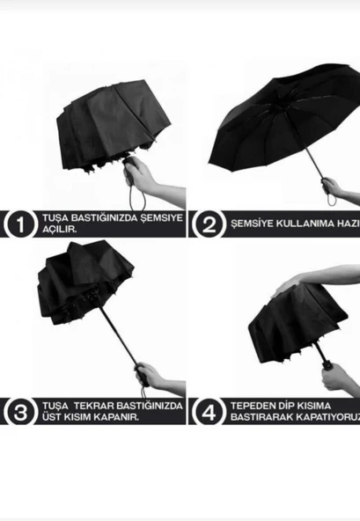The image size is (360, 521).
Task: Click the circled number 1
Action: [18, 224]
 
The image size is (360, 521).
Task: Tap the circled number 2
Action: [209, 224]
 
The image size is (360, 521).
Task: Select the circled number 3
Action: [18, 411]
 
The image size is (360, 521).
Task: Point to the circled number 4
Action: [209, 411]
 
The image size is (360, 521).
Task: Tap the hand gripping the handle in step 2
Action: [333, 187]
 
